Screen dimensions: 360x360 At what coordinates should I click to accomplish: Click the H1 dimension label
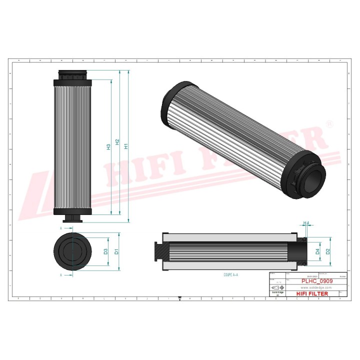point(126,146)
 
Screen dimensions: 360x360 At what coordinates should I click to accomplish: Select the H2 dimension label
point(117,143)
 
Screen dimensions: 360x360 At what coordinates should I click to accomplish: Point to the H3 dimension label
point(108,147)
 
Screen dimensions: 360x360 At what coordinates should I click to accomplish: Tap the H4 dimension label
point(306,223)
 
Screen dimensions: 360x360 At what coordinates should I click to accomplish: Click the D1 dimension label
point(116,251)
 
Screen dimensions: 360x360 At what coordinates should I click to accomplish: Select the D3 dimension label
point(105,251)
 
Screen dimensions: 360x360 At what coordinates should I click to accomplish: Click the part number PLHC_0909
point(317,281)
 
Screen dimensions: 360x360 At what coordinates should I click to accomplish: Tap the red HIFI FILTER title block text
point(313,294)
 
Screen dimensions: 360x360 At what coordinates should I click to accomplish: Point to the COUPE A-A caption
point(230,275)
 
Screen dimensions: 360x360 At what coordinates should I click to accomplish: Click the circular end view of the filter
point(73,251)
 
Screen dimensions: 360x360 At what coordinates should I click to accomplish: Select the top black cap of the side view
point(73,76)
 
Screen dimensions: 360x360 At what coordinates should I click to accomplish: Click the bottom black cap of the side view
point(73,212)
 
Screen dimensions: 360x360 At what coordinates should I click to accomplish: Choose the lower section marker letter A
point(60,275)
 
